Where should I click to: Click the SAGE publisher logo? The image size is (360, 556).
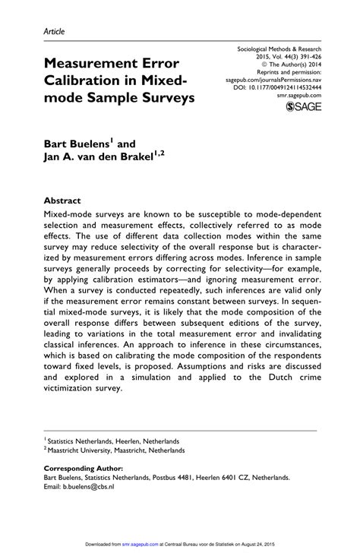303,109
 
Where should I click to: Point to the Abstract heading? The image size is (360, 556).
62,202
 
